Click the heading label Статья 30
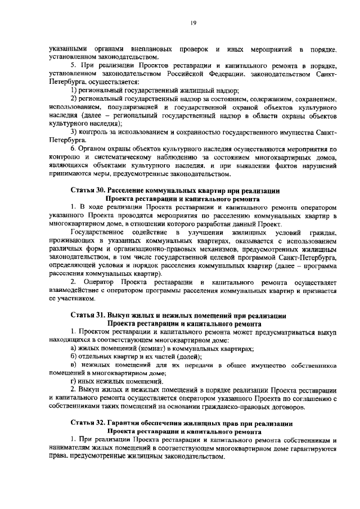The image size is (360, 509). pyautogui.click(x=88, y=191)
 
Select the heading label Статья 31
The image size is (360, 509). pyautogui.click(x=88, y=316)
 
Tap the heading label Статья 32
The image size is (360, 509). pyautogui.click(x=88, y=422)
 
